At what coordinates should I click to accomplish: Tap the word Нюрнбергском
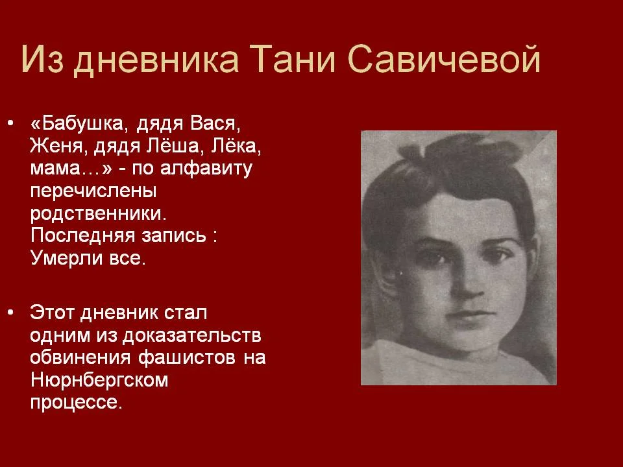(99, 380)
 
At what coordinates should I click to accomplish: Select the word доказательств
(188, 335)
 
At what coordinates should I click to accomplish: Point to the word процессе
(75, 403)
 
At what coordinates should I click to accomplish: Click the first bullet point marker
(10, 123)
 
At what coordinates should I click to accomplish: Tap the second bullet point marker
(10, 313)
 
